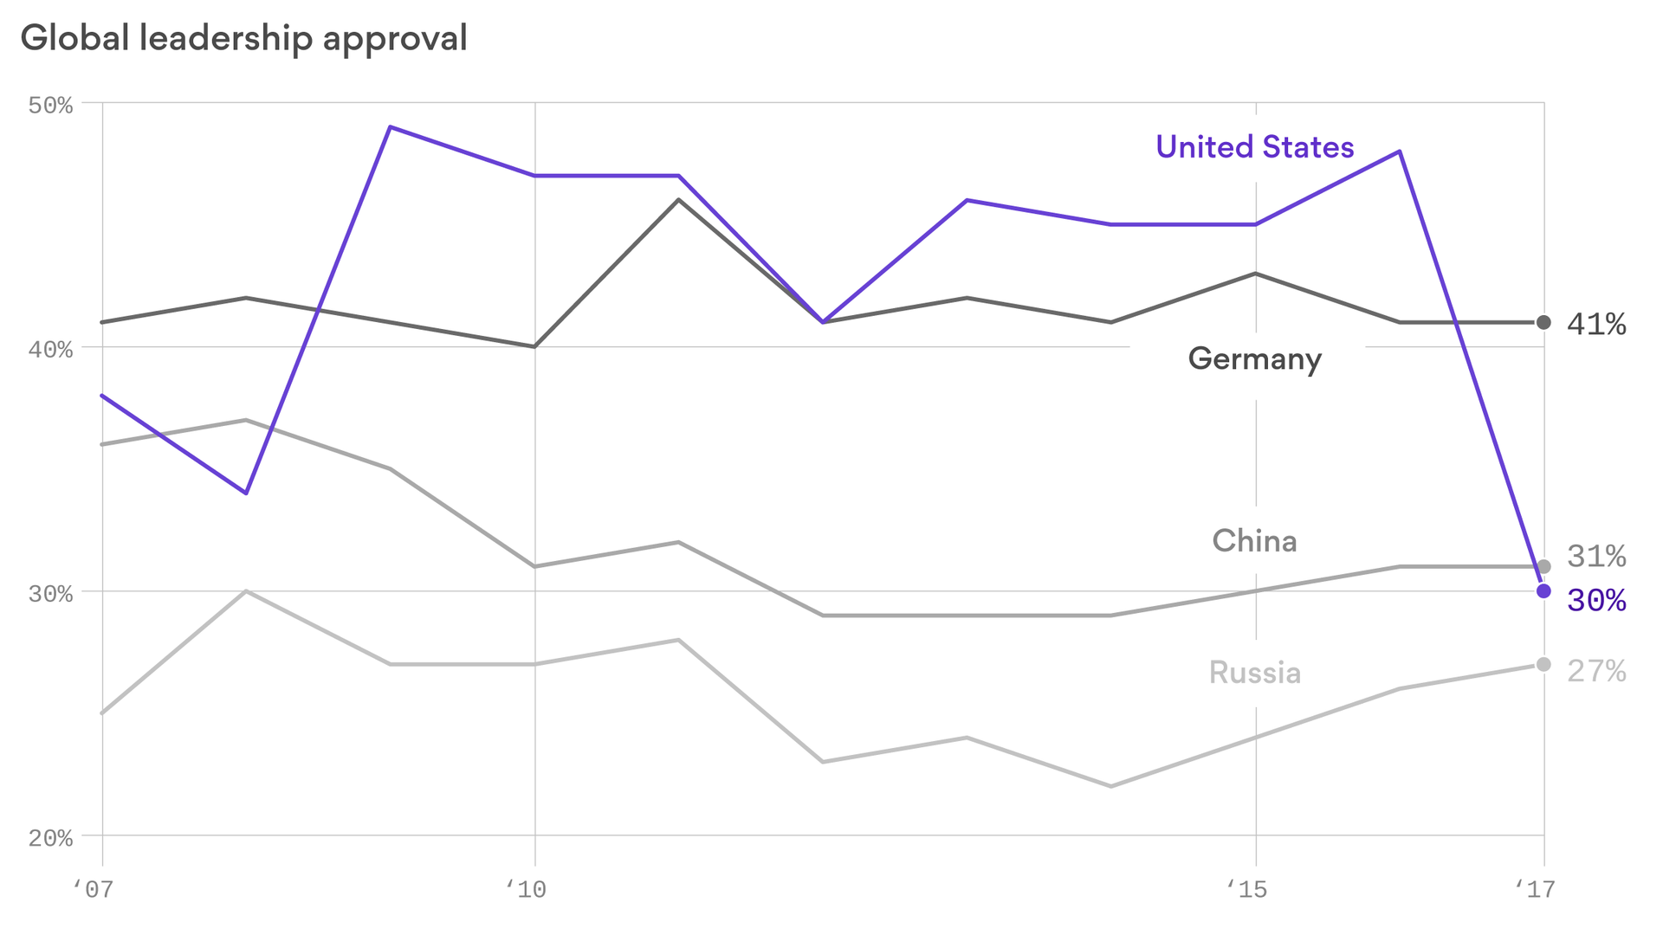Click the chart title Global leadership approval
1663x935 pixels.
(243, 39)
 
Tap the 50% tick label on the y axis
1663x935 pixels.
(50, 106)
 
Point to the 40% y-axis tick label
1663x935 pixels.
(50, 350)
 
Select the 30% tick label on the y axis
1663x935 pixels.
(50, 594)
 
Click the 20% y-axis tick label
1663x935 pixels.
(50, 838)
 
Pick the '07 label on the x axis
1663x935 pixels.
(94, 889)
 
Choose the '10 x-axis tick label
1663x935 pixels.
(526, 889)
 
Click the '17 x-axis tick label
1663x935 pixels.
(1535, 889)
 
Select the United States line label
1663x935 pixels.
(1254, 147)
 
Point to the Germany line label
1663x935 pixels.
(1254, 358)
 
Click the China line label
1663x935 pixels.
(1254, 541)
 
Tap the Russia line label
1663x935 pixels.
(1254, 673)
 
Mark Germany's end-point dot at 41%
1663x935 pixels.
(1543, 323)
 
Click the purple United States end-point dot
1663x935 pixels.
(1543, 591)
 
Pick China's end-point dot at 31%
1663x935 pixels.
(1543, 567)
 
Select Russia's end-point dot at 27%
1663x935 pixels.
(1543, 665)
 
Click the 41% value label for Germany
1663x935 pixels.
(1596, 325)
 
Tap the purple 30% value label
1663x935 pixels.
(1596, 601)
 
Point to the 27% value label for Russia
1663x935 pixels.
(1596, 671)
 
